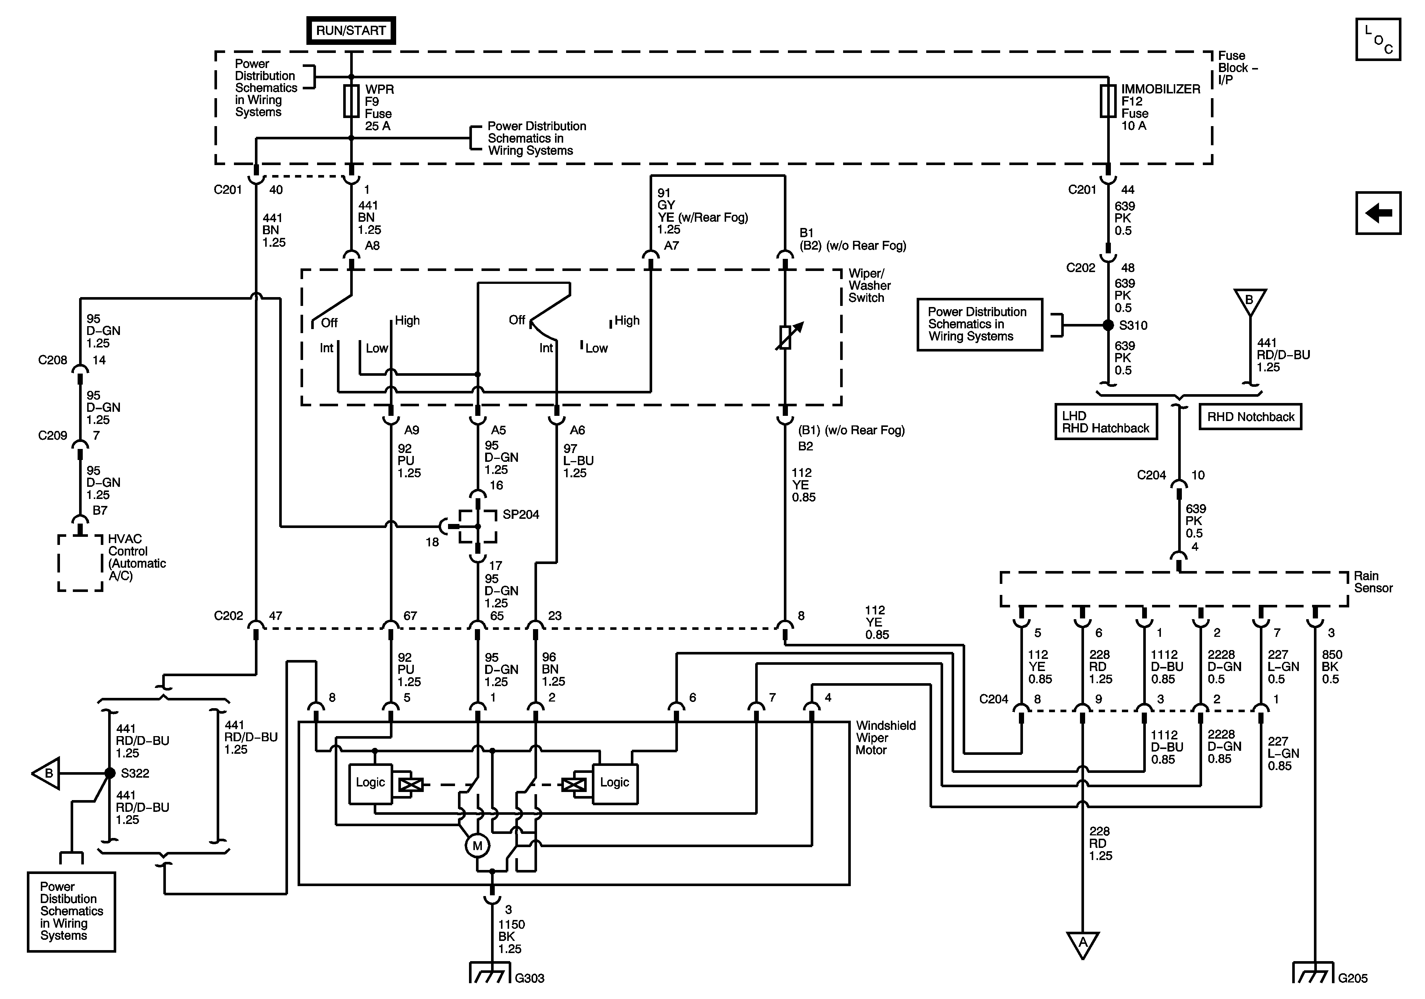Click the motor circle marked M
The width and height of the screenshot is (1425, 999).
click(477, 845)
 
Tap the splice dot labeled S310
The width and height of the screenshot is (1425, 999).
click(1108, 325)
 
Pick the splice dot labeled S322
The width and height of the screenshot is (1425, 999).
click(110, 773)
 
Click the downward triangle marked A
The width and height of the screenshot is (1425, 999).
click(1083, 943)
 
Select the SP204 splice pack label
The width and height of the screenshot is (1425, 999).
click(521, 514)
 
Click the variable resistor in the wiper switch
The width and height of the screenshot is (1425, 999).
click(785, 336)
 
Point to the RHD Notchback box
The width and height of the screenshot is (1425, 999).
click(1251, 417)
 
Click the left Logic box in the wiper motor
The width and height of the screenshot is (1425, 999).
click(370, 783)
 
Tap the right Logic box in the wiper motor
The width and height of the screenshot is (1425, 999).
click(614, 783)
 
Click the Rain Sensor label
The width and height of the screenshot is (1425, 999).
click(1373, 582)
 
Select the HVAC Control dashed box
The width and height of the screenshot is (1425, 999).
click(80, 562)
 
